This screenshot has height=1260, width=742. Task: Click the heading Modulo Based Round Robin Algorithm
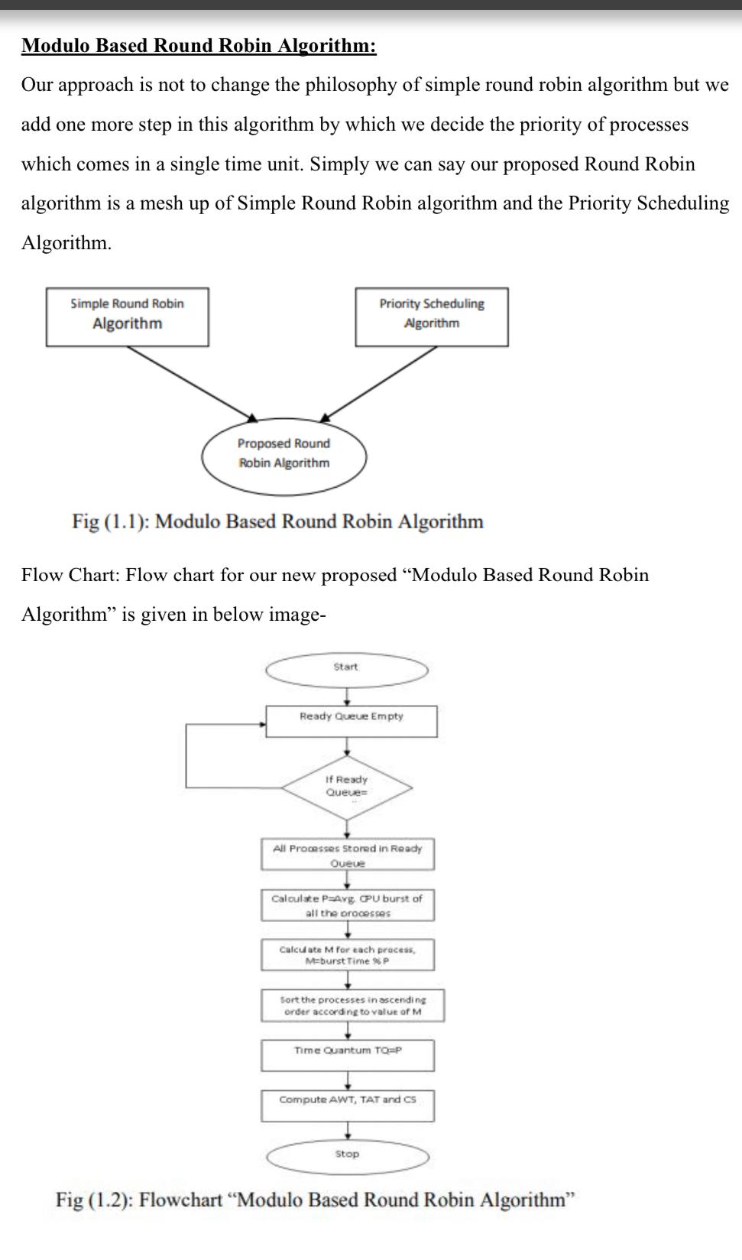pos(199,46)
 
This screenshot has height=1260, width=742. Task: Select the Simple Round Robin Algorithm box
pos(127,317)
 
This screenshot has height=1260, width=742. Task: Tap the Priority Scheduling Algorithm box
pos(431,317)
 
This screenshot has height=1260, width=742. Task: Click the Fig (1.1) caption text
pos(277,521)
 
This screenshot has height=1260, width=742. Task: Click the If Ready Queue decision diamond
pos(347,787)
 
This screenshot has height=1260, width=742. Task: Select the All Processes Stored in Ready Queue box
pos(348,855)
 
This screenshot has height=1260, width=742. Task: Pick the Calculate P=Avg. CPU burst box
pos(347,904)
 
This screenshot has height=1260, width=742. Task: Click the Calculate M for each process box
pos(347,954)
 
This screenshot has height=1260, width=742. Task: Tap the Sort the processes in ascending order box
pos(352,1005)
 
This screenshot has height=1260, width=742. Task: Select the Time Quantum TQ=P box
pos(348,1054)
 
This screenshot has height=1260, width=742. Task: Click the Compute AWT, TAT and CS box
pos(348,1105)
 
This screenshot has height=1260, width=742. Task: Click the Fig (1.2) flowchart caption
pos(314,1200)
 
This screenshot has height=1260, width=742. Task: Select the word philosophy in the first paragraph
pos(351,85)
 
